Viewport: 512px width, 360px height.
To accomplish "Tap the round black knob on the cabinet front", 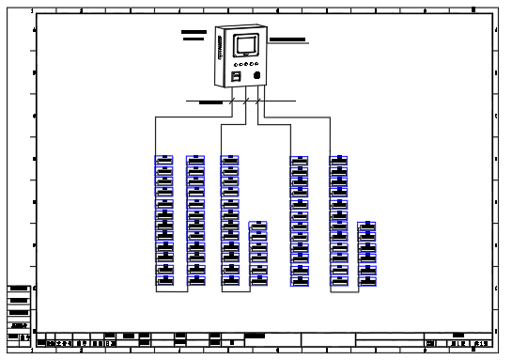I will click(256, 74).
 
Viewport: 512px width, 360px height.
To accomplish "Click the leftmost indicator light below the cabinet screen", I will click(235, 63).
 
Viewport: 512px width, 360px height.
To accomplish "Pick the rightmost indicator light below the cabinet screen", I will click(256, 63).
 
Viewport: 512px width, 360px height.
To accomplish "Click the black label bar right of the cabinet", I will click(287, 40).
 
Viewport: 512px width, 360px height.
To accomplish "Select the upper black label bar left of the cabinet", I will click(194, 31).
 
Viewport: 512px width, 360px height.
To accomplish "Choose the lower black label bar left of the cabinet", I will click(194, 39).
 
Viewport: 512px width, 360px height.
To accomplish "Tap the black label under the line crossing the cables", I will click(210, 102).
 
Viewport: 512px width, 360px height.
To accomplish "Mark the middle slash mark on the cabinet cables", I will click(246, 99).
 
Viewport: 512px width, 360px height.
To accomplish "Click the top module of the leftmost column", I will click(164, 159).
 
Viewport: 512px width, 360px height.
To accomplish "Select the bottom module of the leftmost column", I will click(164, 279).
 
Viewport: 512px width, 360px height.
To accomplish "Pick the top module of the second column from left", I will click(195, 159).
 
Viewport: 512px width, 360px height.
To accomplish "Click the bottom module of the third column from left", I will click(230, 279).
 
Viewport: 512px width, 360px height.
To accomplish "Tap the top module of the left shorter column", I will click(257, 226).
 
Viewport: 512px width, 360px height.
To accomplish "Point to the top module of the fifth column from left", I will click(300, 159).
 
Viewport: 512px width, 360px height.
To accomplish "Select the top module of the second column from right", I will click(339, 159).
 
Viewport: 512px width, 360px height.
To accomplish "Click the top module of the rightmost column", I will click(367, 226).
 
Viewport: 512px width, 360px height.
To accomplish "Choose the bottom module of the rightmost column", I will click(367, 279).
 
